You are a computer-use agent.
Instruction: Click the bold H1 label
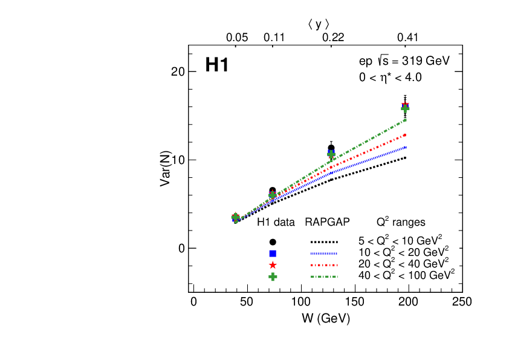[217, 65]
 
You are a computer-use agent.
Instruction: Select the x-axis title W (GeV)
[327, 318]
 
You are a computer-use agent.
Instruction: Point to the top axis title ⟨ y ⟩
[319, 24]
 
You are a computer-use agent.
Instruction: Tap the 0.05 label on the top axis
[237, 38]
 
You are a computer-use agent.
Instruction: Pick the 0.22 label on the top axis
[333, 38]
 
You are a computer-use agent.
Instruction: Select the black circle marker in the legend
[273, 241]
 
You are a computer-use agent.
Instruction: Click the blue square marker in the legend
[273, 253]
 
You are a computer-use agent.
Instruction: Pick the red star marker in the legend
[273, 265]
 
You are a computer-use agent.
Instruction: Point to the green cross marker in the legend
[273, 277]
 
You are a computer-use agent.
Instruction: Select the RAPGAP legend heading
[328, 222]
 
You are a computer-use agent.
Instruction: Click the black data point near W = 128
[331, 148]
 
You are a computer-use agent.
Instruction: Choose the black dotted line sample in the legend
[324, 241]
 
